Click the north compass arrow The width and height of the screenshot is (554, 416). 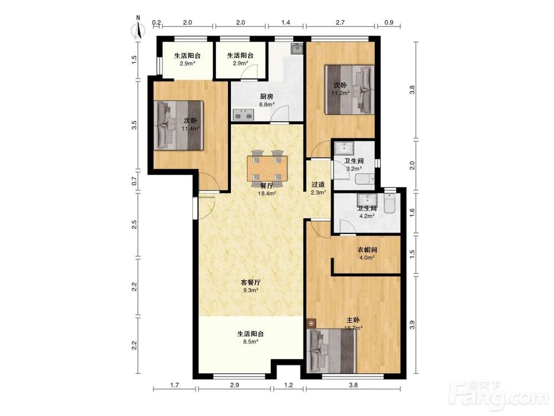pyautogui.click(x=138, y=31)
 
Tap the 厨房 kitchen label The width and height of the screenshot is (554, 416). pyautogui.click(x=266, y=97)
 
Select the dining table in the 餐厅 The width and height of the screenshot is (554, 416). pyautogui.click(x=267, y=169)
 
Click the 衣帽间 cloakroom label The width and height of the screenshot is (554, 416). pyautogui.click(x=367, y=250)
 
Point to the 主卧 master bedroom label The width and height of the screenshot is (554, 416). pyautogui.click(x=353, y=320)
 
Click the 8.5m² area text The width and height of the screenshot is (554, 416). pyautogui.click(x=250, y=342)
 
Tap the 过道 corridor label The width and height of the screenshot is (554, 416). pyautogui.click(x=318, y=185)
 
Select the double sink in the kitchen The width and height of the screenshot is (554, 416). pyautogui.click(x=243, y=115)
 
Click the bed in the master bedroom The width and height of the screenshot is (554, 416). pyautogui.click(x=331, y=351)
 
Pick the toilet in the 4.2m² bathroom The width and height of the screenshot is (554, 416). pyautogui.click(x=389, y=204)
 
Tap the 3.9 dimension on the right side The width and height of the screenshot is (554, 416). pyautogui.click(x=412, y=325)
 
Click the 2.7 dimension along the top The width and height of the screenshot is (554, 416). pyautogui.click(x=340, y=22)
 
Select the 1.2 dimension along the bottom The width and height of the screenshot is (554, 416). pyautogui.click(x=288, y=385)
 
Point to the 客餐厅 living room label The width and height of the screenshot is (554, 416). pyautogui.click(x=250, y=283)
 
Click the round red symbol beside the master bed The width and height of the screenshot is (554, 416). pyautogui.click(x=311, y=323)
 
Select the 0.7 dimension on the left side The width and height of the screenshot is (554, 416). pyautogui.click(x=134, y=181)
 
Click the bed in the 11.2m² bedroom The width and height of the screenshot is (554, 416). pyautogui.click(x=350, y=89)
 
